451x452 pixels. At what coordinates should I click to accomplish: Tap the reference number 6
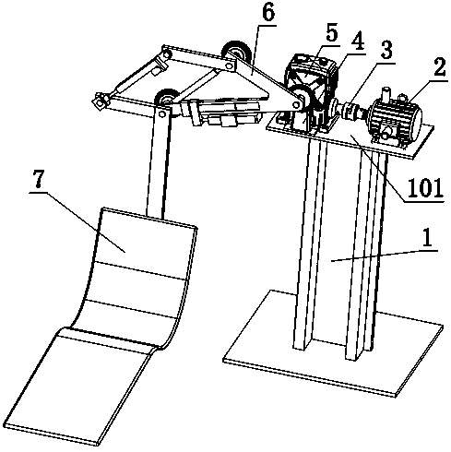click(x=268, y=12)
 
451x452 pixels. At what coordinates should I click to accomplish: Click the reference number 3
click(x=386, y=50)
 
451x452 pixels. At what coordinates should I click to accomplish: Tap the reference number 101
click(x=425, y=187)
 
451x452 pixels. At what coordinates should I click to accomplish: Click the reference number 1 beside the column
click(x=427, y=238)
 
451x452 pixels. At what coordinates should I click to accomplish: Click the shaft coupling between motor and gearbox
click(x=350, y=110)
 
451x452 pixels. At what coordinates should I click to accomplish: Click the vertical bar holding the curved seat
click(x=158, y=161)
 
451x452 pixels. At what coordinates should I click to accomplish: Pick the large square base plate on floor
click(x=333, y=343)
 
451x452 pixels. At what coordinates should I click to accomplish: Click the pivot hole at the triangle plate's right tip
click(x=296, y=105)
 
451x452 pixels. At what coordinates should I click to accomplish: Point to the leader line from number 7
click(x=77, y=222)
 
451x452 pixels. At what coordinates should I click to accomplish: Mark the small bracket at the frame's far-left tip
click(x=100, y=101)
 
